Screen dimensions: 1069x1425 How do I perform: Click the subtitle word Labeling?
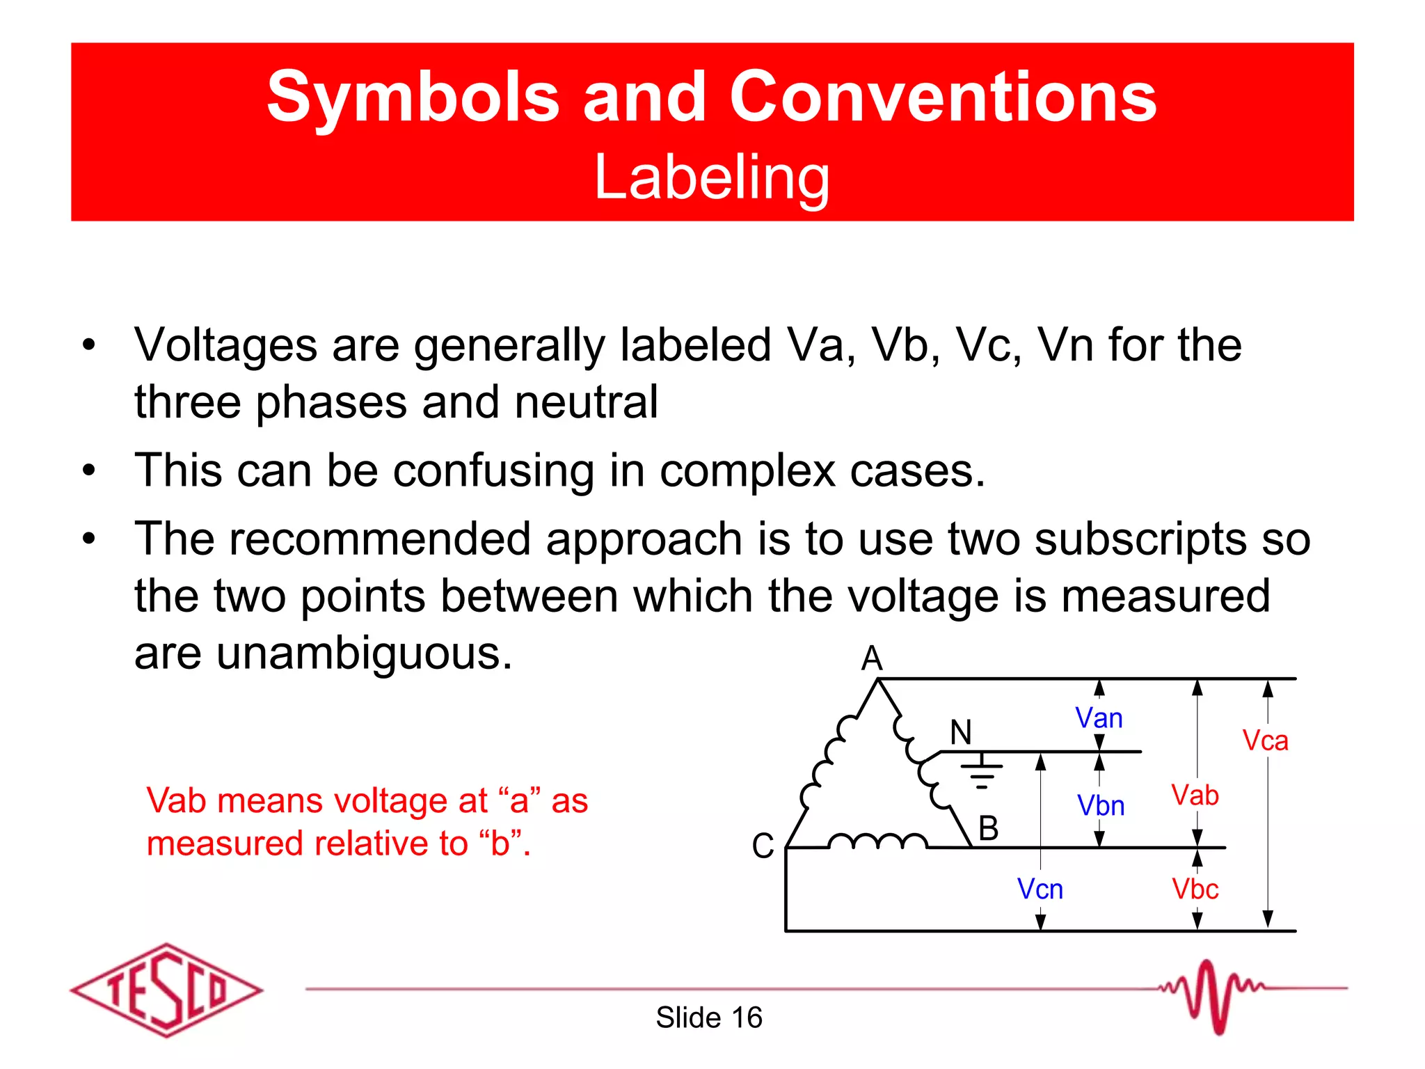[x=712, y=177]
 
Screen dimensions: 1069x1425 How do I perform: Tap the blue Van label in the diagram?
[x=1099, y=718]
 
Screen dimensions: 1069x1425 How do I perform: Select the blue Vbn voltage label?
[x=1101, y=806]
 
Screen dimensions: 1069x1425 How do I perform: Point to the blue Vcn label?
[x=1040, y=889]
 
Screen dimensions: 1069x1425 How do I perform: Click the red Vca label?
[x=1265, y=741]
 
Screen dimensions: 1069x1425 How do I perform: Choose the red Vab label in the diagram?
[x=1195, y=795]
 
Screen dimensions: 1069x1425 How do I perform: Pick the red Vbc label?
[x=1195, y=889]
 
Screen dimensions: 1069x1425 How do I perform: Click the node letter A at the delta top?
[x=872, y=658]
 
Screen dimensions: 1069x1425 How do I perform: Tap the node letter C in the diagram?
[x=763, y=846]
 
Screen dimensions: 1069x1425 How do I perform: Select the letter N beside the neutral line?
[x=961, y=732]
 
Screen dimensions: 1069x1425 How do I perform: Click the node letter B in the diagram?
[x=988, y=828]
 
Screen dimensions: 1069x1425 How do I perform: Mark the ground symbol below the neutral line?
[x=982, y=773]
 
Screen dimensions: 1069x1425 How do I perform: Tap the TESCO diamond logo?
[x=166, y=990]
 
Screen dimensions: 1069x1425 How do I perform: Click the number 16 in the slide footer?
[x=747, y=1017]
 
